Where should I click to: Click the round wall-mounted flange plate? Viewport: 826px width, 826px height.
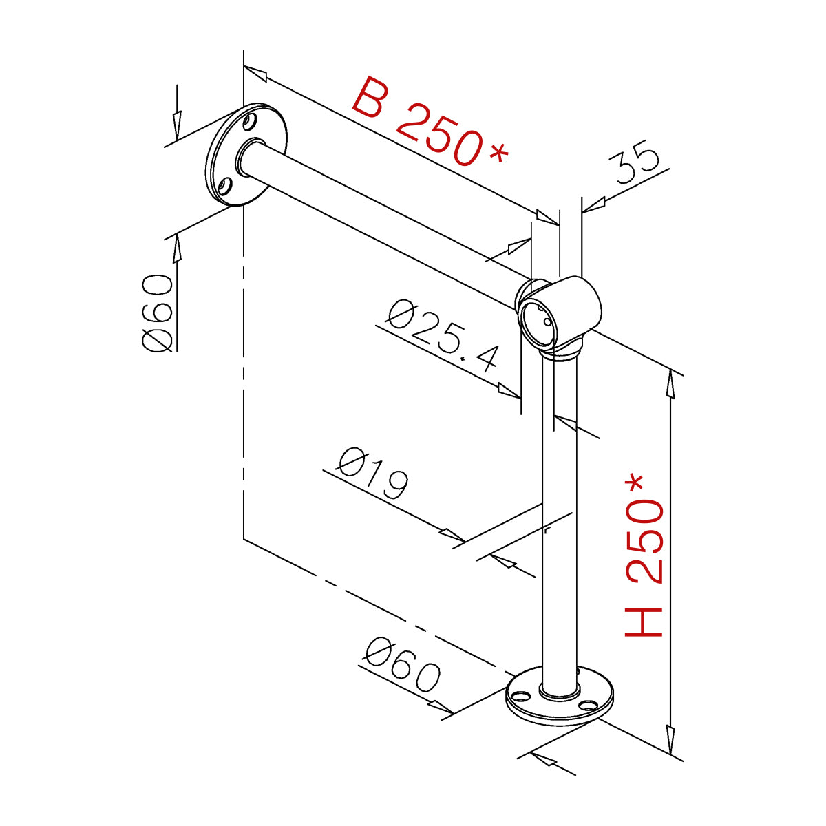(246, 155)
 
